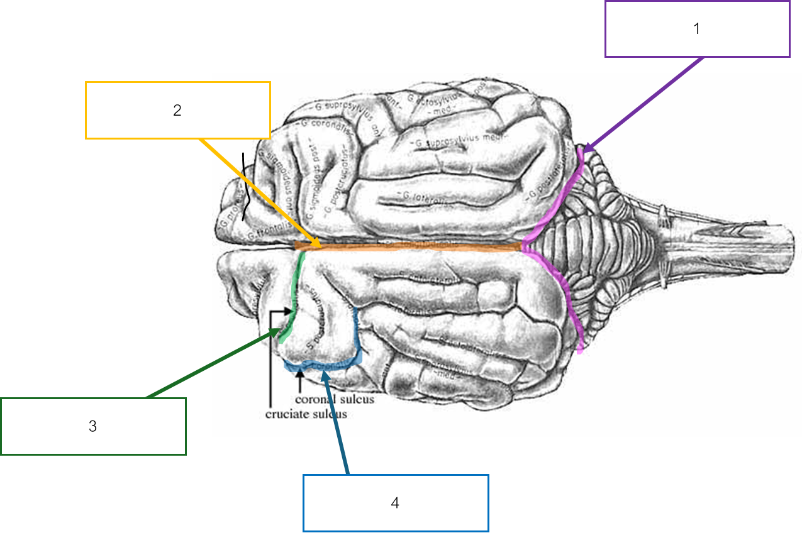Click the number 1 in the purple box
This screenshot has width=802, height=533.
tap(696, 29)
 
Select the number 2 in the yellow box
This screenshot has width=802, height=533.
tap(177, 110)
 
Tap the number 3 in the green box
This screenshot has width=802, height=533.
tap(92, 426)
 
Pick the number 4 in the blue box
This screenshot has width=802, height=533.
tap(395, 503)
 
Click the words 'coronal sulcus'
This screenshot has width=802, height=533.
tap(335, 399)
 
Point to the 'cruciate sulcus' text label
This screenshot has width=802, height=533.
tap(306, 414)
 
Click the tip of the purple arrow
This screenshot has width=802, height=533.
tap(584, 151)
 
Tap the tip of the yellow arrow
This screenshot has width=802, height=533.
tap(321, 247)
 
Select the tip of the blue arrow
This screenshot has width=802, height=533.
tap(323, 371)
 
